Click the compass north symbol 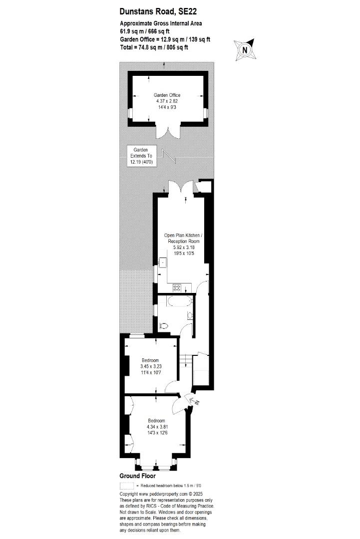tap(245, 50)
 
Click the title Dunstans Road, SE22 tap(158, 11)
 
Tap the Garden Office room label tap(167, 95)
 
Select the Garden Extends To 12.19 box tap(141, 156)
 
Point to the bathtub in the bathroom tap(179, 301)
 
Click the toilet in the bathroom tap(164, 325)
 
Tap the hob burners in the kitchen tap(177, 287)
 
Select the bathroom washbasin tap(190, 315)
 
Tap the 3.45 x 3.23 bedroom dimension tap(151, 366)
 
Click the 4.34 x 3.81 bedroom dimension tap(156, 427)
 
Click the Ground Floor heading tap(137, 476)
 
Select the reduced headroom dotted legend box tap(126, 486)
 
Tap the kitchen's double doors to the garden tap(181, 188)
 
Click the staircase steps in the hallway tap(186, 360)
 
